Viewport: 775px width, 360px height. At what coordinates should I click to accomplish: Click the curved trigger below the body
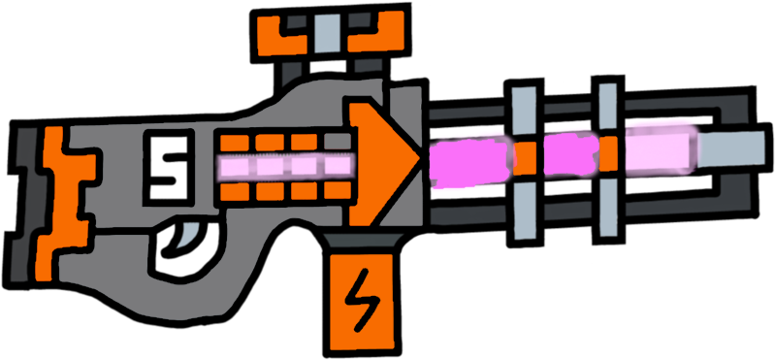coord(191,233)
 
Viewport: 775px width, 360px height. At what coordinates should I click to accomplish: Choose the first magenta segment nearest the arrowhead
coord(470,157)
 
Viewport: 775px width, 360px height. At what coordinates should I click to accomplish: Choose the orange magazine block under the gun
coord(363,301)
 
